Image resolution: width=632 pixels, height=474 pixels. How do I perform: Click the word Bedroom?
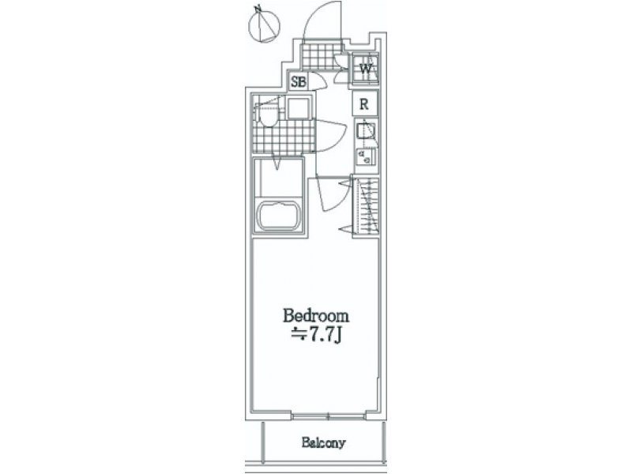pyautogui.click(x=316, y=315)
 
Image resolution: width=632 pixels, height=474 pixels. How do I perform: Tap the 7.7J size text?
pyautogui.click(x=317, y=334)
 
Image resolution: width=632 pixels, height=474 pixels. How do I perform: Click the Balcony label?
pyautogui.click(x=324, y=443)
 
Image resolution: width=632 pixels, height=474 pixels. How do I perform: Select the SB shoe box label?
pyautogui.click(x=299, y=82)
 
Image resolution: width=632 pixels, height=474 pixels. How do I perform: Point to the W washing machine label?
pyautogui.click(x=366, y=69)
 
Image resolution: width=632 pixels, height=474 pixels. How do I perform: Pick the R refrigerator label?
pyautogui.click(x=364, y=104)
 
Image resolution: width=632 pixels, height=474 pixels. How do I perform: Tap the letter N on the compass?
pyautogui.click(x=258, y=8)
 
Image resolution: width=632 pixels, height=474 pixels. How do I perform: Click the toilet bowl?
pyautogui.click(x=268, y=116)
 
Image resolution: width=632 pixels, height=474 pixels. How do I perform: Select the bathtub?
pyautogui.click(x=279, y=216)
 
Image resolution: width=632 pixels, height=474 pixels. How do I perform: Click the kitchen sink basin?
pyautogui.click(x=366, y=130)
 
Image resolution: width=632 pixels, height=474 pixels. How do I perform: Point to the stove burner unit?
pyautogui.click(x=366, y=156)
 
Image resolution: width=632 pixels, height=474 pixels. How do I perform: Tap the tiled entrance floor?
pyautogui.click(x=322, y=56)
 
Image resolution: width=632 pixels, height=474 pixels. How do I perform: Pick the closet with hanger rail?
pyautogui.click(x=366, y=206)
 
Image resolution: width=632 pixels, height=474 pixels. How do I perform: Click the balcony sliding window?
pyautogui.click(x=328, y=416)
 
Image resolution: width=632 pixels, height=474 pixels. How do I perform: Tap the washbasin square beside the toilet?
pyautogui.click(x=299, y=108)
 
